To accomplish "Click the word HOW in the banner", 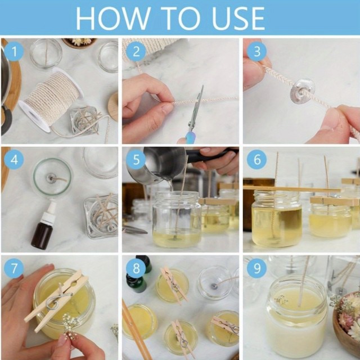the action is point(113,18).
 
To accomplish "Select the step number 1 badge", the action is point(14,51).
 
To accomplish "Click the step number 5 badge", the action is point(136,159).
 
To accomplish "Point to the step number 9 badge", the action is point(256,268).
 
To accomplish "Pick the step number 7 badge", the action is point(14,268).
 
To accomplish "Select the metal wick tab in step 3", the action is point(302,91).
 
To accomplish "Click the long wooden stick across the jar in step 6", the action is point(292,189).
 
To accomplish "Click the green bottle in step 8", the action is point(136,283).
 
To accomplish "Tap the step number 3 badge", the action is point(256,51).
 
